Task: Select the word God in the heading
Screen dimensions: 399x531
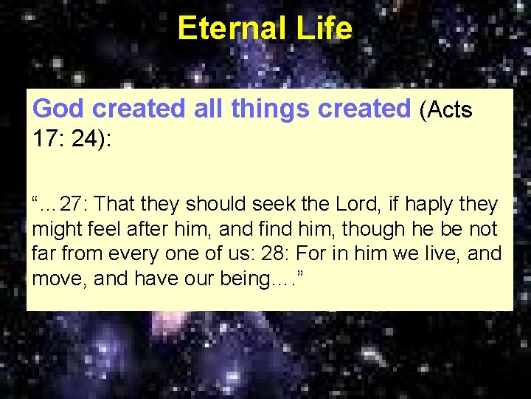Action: pos(58,109)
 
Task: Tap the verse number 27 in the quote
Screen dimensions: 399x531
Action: pos(72,203)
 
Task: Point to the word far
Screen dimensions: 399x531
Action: pos(44,254)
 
